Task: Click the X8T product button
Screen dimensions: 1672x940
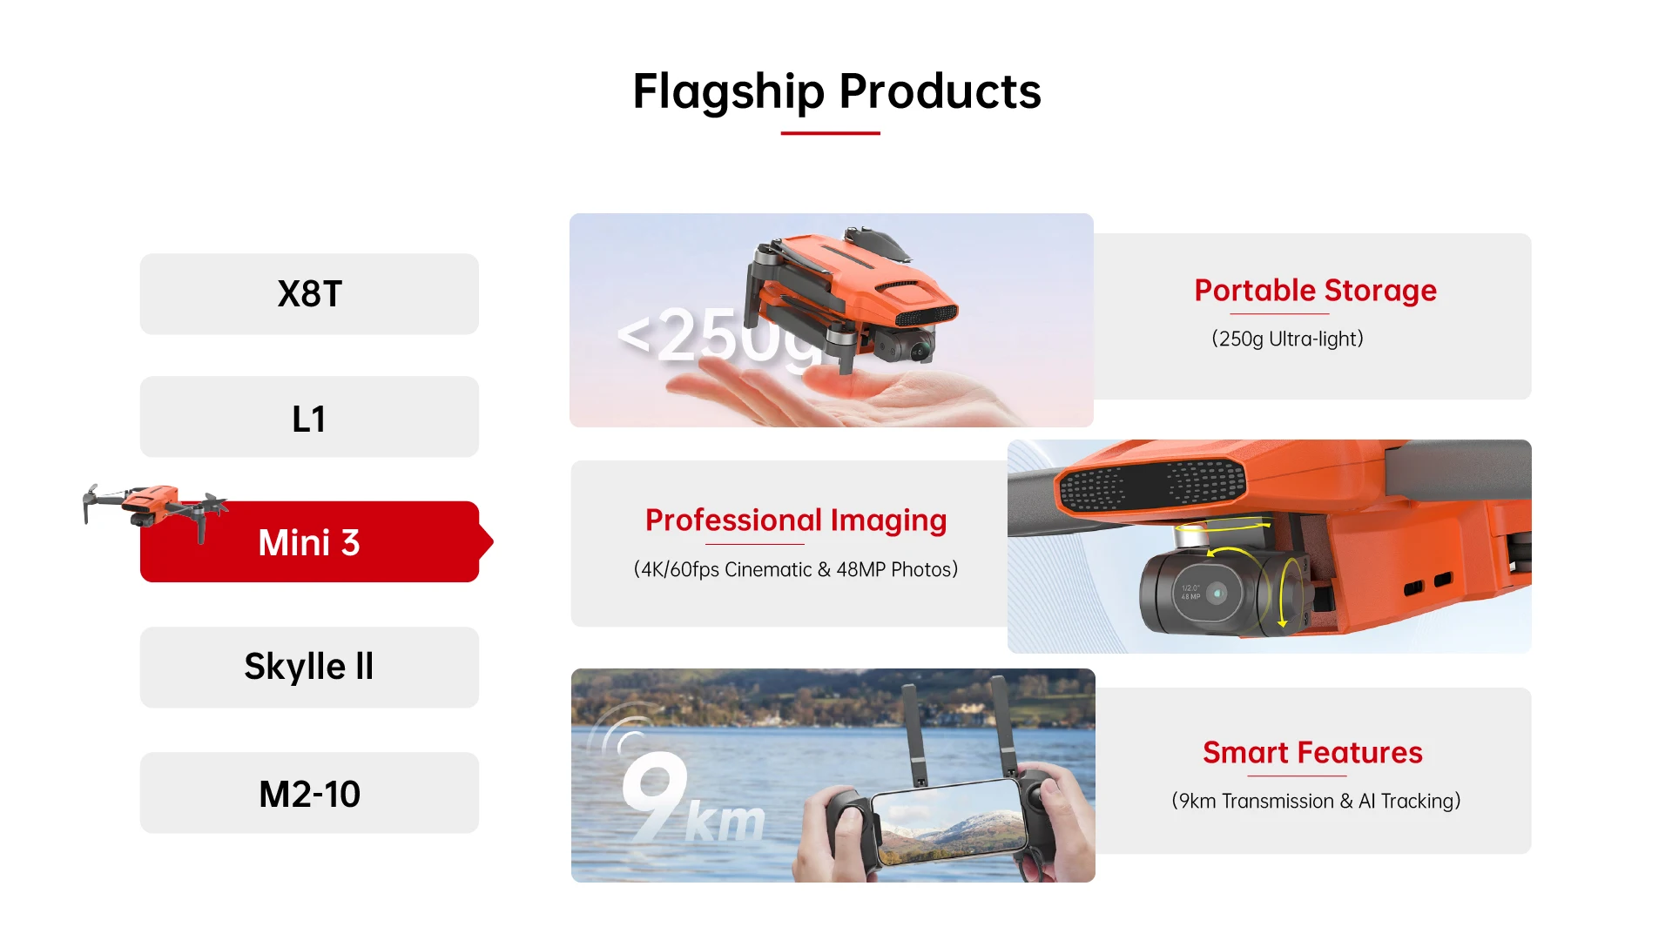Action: (309, 294)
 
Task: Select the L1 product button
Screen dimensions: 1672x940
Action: (309, 417)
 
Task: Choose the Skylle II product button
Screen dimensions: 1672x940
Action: (309, 668)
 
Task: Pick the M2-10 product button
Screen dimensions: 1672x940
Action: (309, 793)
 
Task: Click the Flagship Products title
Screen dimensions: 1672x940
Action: (837, 92)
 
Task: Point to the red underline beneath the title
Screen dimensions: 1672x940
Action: (830, 133)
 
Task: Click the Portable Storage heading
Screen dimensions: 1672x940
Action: (1315, 291)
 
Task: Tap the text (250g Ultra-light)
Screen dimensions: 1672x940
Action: (1287, 339)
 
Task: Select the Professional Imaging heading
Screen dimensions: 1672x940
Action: (796, 520)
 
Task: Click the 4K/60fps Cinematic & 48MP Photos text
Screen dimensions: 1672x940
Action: (796, 569)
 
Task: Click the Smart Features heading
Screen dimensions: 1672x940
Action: (1312, 752)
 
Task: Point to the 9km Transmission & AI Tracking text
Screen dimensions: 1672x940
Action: (1316, 801)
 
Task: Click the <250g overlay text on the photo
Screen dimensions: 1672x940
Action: (718, 336)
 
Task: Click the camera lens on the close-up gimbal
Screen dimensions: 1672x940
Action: (1217, 594)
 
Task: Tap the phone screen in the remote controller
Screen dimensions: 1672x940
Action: (951, 822)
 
